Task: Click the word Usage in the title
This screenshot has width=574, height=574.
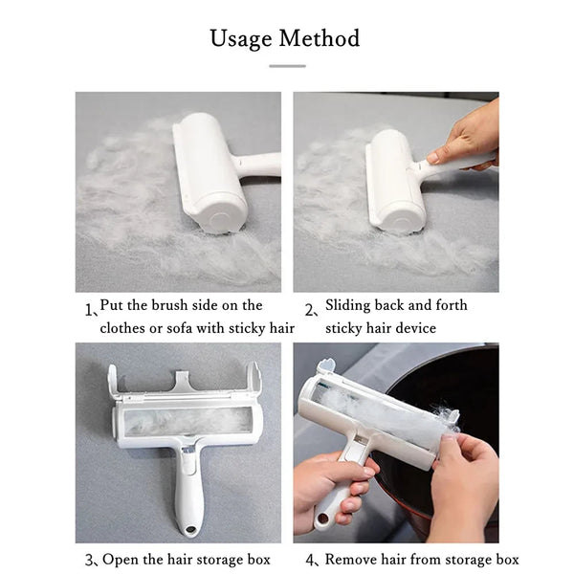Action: [x=241, y=39]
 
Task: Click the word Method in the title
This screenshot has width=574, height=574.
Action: [x=320, y=38]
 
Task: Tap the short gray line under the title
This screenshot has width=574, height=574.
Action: [x=287, y=66]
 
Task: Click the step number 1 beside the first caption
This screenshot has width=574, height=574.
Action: [x=88, y=310]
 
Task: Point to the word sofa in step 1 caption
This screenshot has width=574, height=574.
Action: [x=180, y=328]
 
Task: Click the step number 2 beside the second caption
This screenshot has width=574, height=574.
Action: [x=309, y=310]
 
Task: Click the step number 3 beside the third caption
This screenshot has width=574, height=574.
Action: [x=89, y=561]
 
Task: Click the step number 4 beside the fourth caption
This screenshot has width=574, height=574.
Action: [x=310, y=561]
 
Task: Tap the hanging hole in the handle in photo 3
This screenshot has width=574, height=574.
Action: [x=190, y=529]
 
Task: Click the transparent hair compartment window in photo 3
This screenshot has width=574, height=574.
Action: [x=188, y=422]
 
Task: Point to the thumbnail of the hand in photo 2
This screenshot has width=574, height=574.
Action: [x=433, y=158]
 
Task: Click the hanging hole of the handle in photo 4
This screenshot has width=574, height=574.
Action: [x=323, y=518]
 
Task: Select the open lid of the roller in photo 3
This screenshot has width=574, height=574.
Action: [x=185, y=384]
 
